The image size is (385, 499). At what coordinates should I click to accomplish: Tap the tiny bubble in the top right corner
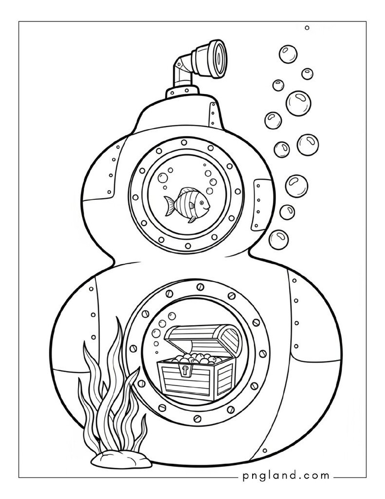(307, 28)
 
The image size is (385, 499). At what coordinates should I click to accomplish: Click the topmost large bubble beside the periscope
(288, 55)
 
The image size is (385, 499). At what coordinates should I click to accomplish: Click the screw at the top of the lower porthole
(200, 287)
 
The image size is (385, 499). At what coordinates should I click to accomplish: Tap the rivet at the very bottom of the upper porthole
(188, 246)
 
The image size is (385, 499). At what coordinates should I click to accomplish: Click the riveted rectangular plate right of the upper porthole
(260, 205)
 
